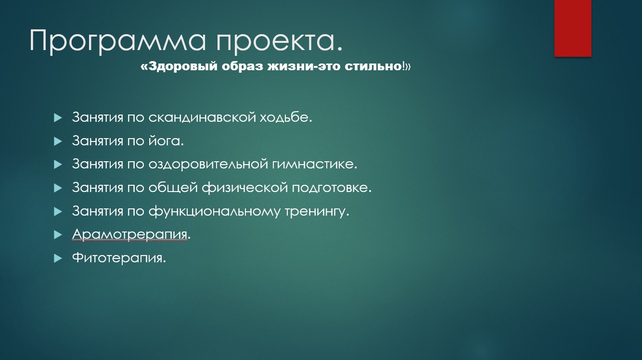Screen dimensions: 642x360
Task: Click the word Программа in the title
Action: (117, 41)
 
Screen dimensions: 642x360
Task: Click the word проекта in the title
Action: (275, 41)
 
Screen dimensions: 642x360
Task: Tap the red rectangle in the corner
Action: (573, 28)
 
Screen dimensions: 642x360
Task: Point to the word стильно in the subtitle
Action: (373, 66)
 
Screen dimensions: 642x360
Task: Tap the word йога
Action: (164, 141)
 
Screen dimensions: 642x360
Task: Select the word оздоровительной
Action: (208, 164)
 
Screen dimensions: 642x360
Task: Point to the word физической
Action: (245, 188)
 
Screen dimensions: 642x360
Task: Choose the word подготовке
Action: (330, 188)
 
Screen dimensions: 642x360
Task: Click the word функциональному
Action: (214, 212)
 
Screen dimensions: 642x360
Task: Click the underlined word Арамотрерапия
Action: (129, 234)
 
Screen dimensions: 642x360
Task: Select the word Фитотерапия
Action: (117, 258)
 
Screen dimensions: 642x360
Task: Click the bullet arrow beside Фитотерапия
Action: (58, 258)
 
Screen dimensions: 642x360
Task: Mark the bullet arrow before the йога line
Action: (58, 141)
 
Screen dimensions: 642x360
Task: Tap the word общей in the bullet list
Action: (173, 188)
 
